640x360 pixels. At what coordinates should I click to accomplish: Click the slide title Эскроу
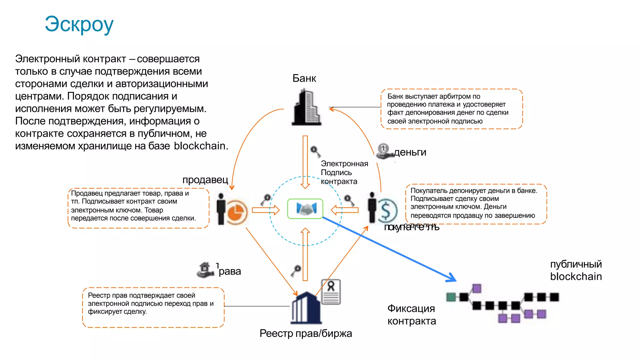tap(79, 24)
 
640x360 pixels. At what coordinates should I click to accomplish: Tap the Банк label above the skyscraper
tap(304, 78)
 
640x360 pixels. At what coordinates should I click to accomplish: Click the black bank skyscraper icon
tap(306, 108)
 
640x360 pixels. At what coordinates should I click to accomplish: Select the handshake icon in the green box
tap(305, 209)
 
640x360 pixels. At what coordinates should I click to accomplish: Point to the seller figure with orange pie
tap(232, 209)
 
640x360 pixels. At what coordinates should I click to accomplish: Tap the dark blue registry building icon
tap(306, 308)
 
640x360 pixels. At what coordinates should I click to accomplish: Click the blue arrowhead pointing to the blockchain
tap(452, 278)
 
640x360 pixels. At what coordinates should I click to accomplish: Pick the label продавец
tap(205, 180)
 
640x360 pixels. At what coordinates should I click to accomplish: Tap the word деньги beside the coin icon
tap(410, 152)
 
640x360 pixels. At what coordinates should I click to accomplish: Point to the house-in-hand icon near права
tap(205, 269)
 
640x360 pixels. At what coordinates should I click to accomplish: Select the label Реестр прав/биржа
tap(306, 333)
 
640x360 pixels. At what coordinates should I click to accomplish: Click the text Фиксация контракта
tap(412, 315)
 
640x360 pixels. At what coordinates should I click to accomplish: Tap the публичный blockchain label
tap(576, 270)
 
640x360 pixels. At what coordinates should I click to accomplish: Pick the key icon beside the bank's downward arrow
tap(315, 152)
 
